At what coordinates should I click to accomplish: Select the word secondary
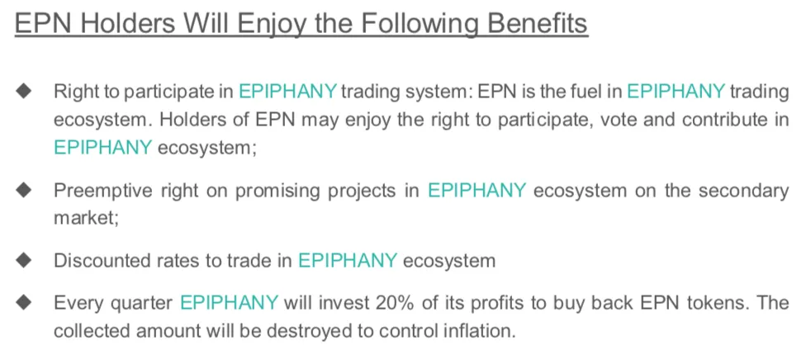(744, 191)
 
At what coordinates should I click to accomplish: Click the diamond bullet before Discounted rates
(23, 259)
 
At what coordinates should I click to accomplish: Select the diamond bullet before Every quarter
(23, 302)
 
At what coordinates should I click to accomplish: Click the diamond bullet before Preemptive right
(23, 191)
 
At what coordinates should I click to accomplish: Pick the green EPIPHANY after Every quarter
(229, 302)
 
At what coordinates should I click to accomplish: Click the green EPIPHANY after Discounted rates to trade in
(348, 260)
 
